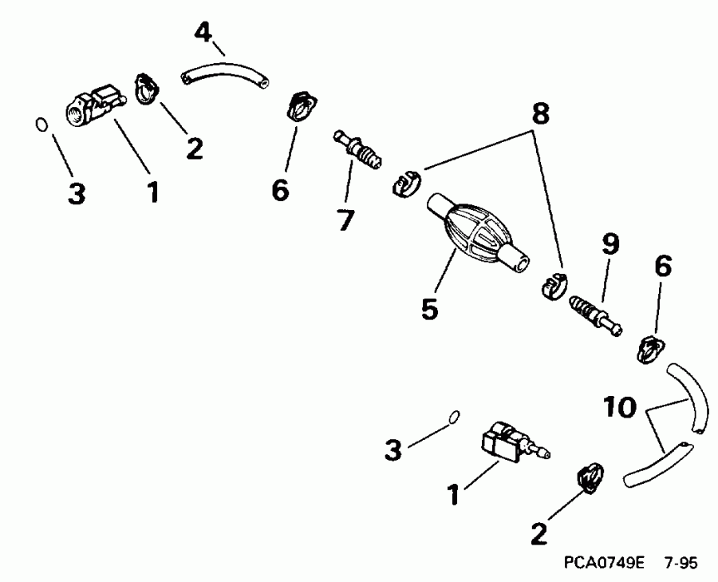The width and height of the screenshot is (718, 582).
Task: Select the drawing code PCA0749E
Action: tap(604, 564)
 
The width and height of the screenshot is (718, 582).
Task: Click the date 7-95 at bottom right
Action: tap(680, 564)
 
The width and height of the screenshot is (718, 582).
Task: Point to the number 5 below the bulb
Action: tap(430, 308)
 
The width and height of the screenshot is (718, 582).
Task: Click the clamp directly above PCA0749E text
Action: tap(589, 477)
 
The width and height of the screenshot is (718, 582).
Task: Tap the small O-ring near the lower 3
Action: tap(454, 415)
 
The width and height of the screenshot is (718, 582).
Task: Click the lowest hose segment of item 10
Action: tap(653, 462)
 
